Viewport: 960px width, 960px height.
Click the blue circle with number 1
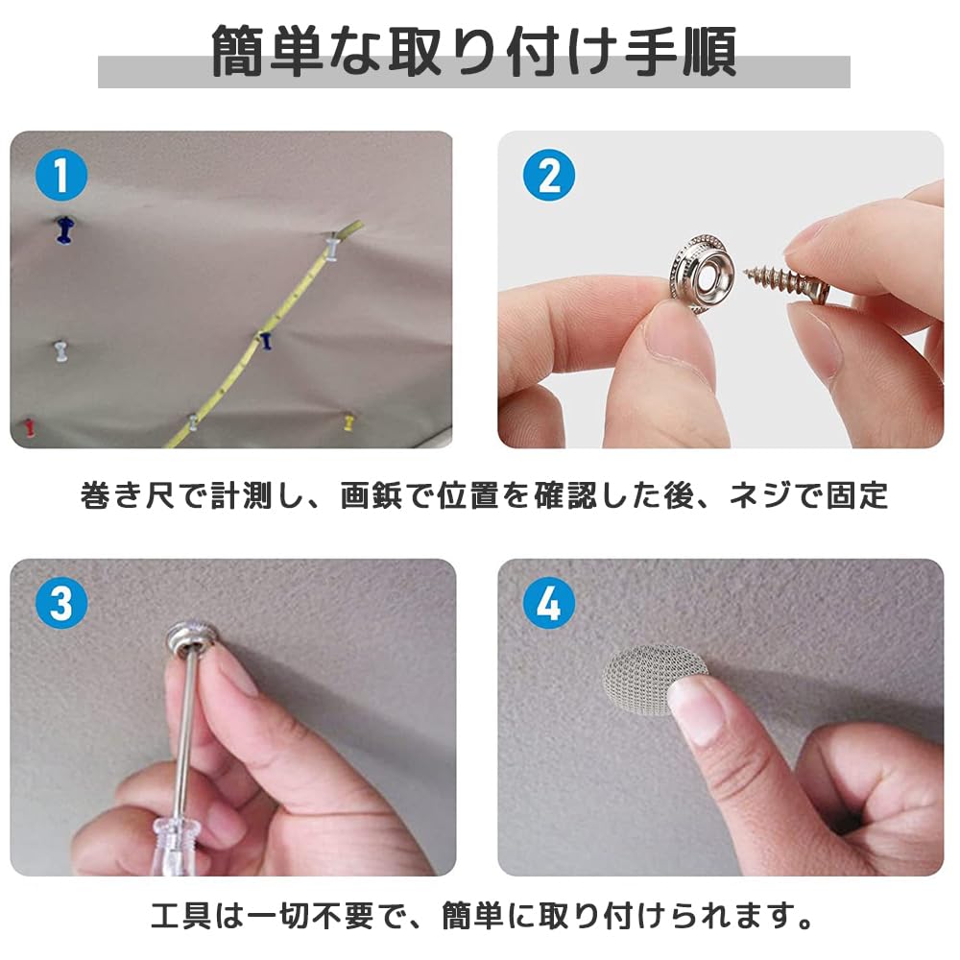[x=60, y=177]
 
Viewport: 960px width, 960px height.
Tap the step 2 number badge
[x=548, y=177]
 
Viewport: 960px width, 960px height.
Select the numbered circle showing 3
[x=60, y=604]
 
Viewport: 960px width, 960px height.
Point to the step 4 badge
[x=548, y=604]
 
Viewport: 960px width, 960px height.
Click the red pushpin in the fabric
[x=30, y=424]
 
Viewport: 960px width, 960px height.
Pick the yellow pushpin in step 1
[x=348, y=420]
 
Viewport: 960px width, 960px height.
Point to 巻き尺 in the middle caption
[x=125, y=496]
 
